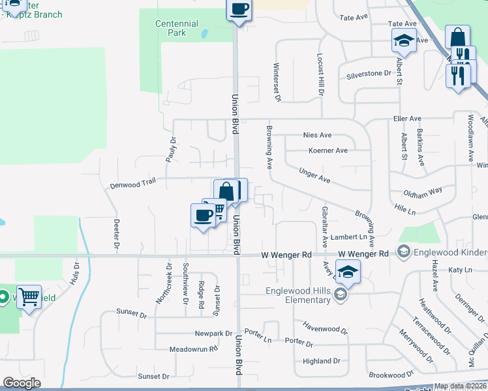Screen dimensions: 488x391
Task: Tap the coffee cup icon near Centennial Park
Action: [x=239, y=9]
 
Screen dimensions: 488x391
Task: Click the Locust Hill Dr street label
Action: [x=321, y=74]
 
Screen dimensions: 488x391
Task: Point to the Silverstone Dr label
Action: [x=369, y=74]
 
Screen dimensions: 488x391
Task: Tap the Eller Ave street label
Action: [x=407, y=119]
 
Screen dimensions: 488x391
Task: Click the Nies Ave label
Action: [x=318, y=135]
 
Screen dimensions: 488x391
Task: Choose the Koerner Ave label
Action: [x=328, y=151]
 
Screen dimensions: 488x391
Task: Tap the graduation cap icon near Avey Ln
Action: [x=348, y=270]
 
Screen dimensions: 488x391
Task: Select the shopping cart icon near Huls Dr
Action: [x=29, y=297]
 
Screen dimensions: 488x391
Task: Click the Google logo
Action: [x=22, y=383]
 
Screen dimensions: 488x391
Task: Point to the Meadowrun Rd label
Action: [x=175, y=349]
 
